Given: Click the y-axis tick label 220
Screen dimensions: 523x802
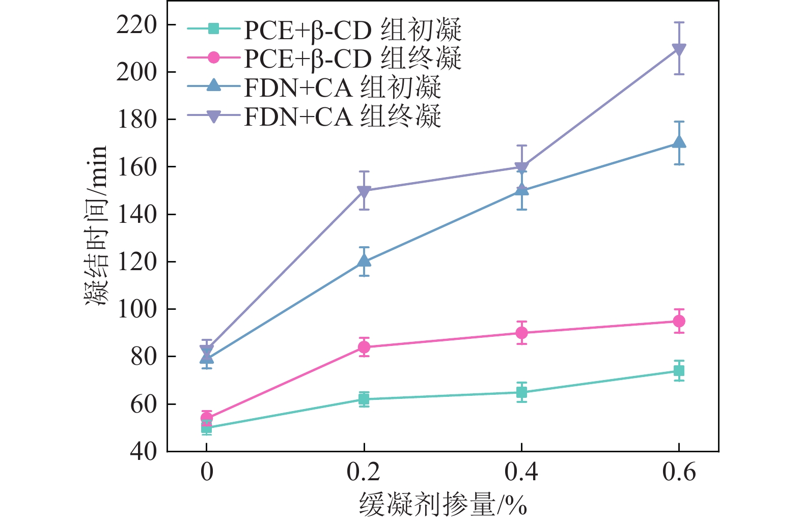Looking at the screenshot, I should [136, 25].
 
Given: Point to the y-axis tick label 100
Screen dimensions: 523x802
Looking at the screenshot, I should [136, 309].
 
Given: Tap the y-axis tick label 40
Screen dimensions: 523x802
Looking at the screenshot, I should [144, 451].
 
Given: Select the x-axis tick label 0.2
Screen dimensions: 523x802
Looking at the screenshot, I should [364, 472].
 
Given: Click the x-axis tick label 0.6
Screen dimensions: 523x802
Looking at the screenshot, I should [679, 472].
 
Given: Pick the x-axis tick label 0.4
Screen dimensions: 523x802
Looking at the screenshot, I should [521, 472].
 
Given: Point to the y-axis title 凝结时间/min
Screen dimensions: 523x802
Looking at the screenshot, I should [96, 225].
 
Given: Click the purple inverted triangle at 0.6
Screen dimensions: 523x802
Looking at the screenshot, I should [679, 49].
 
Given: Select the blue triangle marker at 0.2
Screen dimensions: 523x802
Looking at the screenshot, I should [364, 260].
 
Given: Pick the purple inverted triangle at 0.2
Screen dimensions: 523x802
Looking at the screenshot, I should [364, 191].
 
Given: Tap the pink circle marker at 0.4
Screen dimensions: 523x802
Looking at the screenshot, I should [521, 333].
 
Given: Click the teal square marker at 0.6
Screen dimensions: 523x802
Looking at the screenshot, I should [679, 371].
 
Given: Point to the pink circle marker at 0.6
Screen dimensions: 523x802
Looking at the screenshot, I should [679, 321].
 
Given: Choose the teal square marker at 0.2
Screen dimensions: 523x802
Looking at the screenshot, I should [364, 399].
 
